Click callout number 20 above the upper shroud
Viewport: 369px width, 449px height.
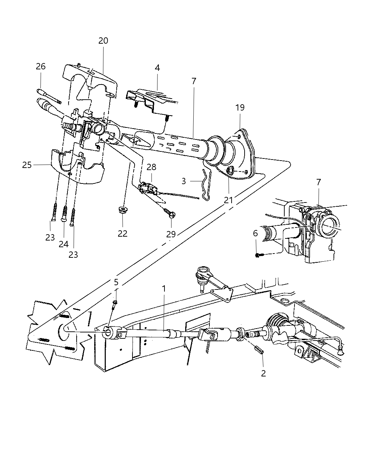[x=103, y=40]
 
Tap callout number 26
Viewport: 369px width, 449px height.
[x=40, y=67]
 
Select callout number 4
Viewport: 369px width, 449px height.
[x=157, y=68]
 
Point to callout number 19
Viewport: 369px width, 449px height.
[x=240, y=107]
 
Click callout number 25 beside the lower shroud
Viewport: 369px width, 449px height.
[x=27, y=165]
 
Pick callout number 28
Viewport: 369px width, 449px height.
[x=151, y=167]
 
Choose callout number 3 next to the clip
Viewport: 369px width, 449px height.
[x=183, y=181]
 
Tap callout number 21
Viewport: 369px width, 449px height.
[x=228, y=200]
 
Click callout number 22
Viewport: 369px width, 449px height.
[x=123, y=233]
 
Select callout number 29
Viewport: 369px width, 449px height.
[x=171, y=234]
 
